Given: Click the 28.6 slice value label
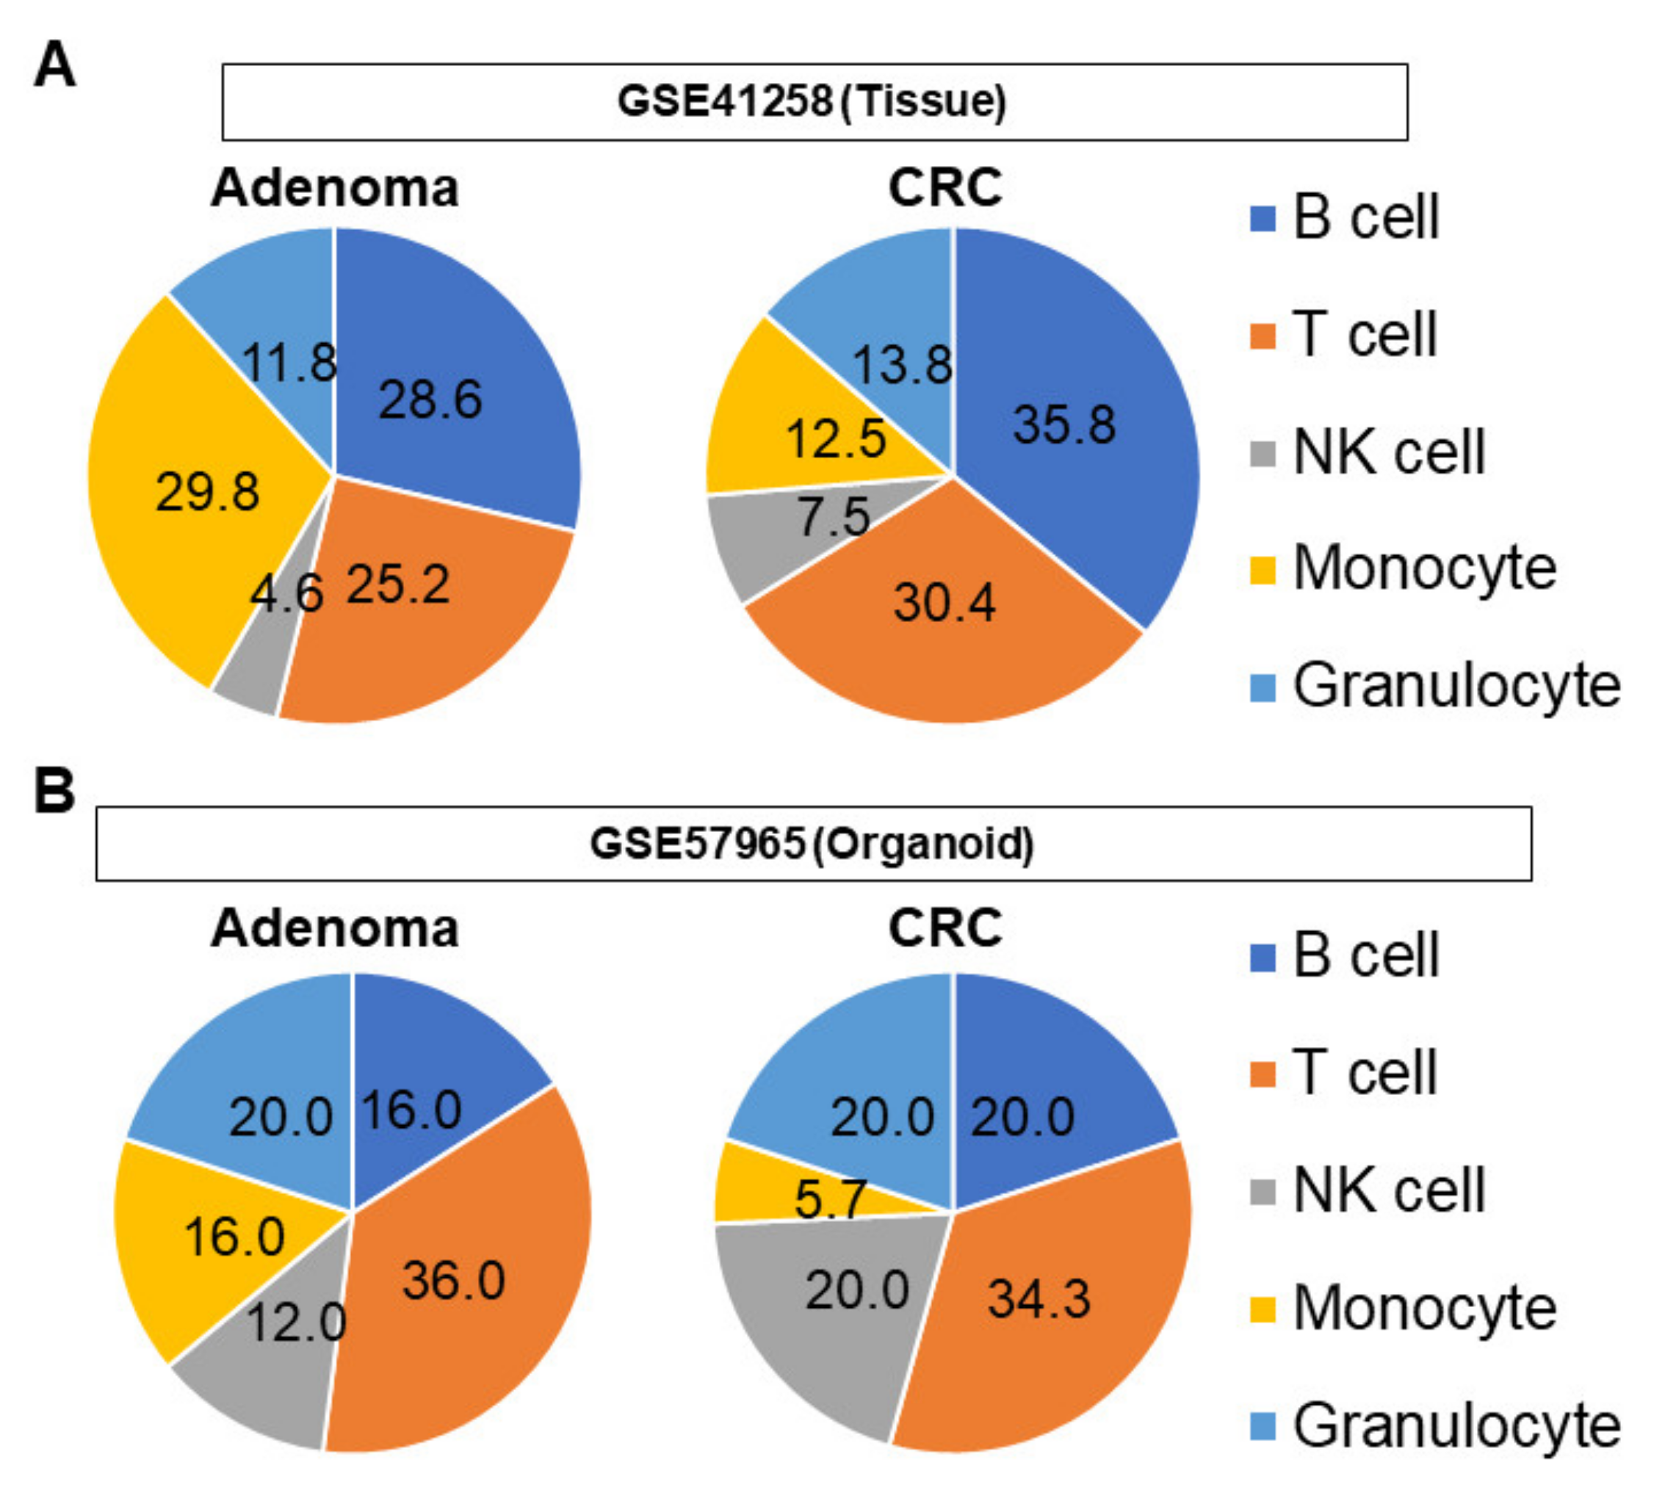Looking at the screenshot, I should [430, 400].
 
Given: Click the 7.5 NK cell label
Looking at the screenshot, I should [834, 517].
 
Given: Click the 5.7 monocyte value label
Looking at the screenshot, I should [829, 1198].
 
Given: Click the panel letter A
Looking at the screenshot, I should [54, 65].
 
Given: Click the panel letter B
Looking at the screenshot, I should [54, 791].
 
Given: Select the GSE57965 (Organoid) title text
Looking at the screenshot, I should [812, 843].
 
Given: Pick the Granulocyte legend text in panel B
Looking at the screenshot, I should [1456, 1425].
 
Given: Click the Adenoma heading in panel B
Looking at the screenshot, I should [335, 928].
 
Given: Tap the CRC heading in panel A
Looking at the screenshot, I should [945, 187].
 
